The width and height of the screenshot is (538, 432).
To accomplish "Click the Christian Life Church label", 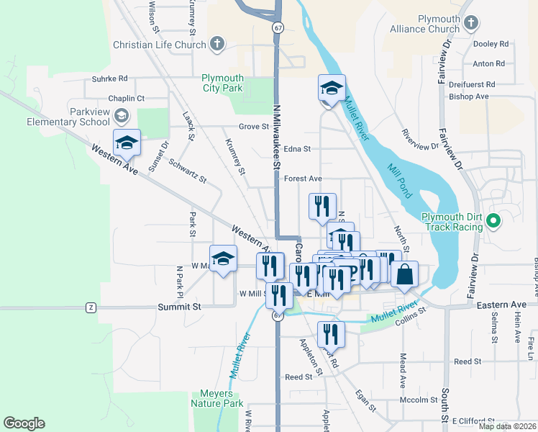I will pyautogui.click(x=159, y=45).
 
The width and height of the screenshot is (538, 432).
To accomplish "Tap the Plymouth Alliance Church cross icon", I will pyautogui.click(x=471, y=23).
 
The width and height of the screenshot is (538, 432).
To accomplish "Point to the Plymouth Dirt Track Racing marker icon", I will pyautogui.click(x=493, y=222).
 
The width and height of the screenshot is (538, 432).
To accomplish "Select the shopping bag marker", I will pyautogui.click(x=405, y=275).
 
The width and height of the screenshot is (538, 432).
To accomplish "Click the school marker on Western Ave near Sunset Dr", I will pyautogui.click(x=127, y=143).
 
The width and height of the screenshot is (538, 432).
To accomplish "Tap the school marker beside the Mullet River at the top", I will pyautogui.click(x=332, y=89).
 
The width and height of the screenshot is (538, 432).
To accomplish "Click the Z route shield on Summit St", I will pyautogui.click(x=91, y=307).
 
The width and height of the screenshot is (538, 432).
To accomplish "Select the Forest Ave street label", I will pyautogui.click(x=303, y=178).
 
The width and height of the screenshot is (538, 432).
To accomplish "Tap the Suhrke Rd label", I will pyautogui.click(x=109, y=78).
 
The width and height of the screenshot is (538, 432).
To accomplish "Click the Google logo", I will pyautogui.click(x=24, y=423).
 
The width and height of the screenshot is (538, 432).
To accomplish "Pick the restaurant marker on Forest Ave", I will pyautogui.click(x=322, y=206).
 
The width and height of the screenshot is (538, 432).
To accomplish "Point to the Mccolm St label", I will pyautogui.click(x=419, y=400).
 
